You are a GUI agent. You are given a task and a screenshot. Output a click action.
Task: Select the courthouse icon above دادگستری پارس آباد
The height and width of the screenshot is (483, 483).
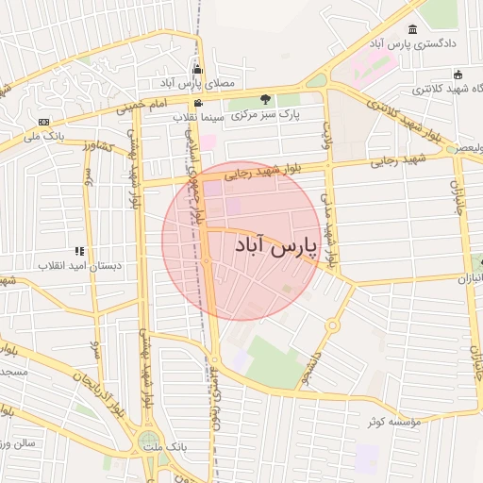(x=412, y=29)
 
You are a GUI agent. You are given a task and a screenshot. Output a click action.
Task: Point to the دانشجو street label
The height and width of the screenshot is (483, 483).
(x=310, y=370)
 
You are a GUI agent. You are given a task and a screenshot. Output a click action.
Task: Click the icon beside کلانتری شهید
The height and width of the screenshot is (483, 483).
(x=458, y=75)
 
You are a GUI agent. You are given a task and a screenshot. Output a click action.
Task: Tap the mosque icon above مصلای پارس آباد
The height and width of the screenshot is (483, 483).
(x=196, y=70)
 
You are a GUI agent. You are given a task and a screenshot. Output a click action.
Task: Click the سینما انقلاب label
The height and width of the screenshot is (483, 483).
(x=197, y=118)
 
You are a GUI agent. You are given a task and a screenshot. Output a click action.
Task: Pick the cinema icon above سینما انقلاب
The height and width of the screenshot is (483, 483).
(x=197, y=104)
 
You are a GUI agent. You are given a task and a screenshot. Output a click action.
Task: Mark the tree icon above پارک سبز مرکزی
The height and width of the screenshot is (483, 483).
(x=265, y=99)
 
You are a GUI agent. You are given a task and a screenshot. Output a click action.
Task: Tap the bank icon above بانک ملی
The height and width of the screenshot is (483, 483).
(x=43, y=123)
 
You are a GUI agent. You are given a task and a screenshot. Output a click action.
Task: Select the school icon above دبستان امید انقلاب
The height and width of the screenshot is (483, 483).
(x=80, y=251)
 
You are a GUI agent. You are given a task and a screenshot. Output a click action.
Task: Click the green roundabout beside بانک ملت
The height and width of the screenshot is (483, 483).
(x=148, y=441)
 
